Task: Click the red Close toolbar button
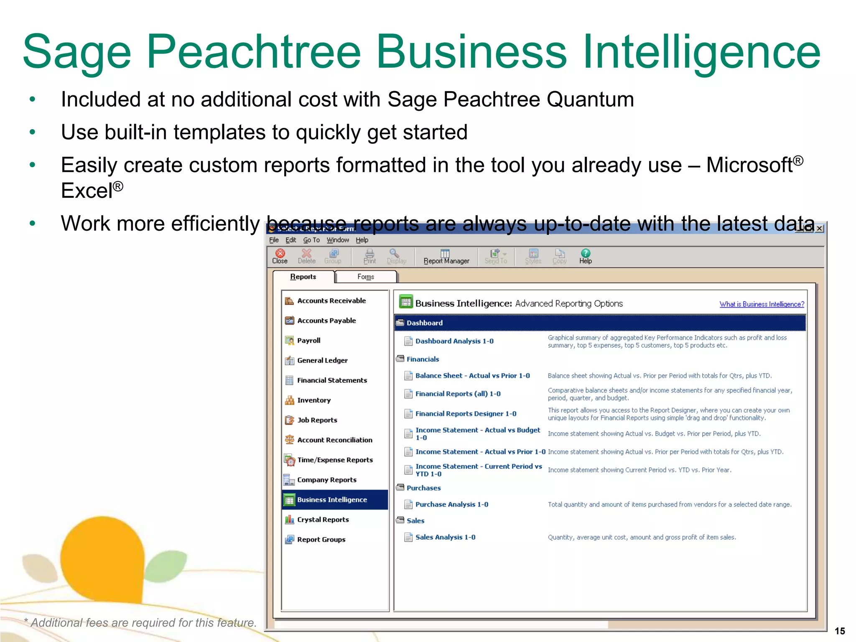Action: [280, 256]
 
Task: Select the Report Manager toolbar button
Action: [446, 256]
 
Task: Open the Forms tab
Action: [366, 277]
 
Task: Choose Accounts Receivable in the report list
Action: [331, 301]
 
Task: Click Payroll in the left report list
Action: [308, 340]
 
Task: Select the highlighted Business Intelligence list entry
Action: [332, 499]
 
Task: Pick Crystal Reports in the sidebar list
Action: [323, 520]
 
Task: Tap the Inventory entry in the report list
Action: [313, 400]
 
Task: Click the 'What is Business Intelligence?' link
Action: [762, 304]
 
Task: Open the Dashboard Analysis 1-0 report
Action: [454, 341]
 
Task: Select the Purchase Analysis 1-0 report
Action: [451, 504]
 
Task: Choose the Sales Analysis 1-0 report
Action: [445, 537]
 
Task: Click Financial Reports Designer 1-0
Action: [466, 413]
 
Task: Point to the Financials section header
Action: [423, 359]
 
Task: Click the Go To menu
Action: [311, 240]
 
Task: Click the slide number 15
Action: [840, 631]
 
